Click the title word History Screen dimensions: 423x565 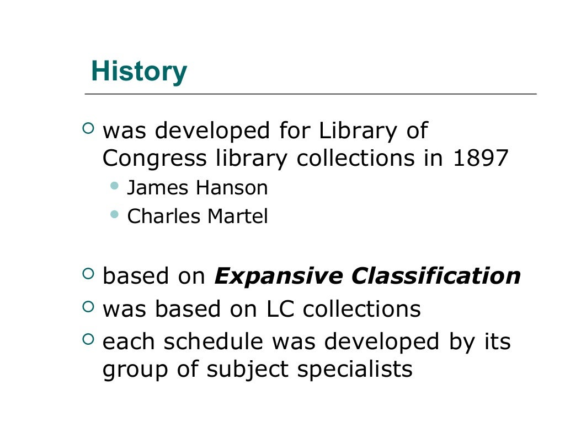click(138, 72)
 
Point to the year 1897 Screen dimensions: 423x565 click(480, 159)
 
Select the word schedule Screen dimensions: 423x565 click(217, 341)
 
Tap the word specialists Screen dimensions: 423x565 click(355, 370)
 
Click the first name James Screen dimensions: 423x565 click(156, 188)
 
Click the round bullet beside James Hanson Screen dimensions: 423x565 click(115, 186)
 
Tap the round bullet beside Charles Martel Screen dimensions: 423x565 click(115, 214)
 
